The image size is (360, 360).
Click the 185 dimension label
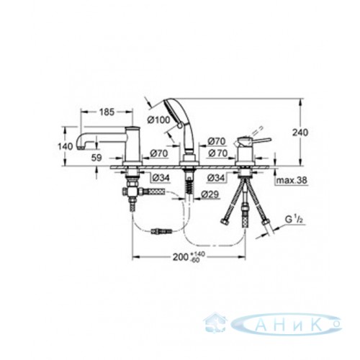(x=107, y=112)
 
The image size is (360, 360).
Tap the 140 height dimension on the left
(x=66, y=146)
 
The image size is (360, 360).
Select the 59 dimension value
(x=96, y=158)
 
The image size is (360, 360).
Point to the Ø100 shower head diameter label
(x=158, y=120)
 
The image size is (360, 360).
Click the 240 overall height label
(x=300, y=132)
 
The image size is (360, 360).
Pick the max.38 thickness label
(x=292, y=180)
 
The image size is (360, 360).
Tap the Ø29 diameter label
(x=210, y=194)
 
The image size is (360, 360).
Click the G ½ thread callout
(x=292, y=220)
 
